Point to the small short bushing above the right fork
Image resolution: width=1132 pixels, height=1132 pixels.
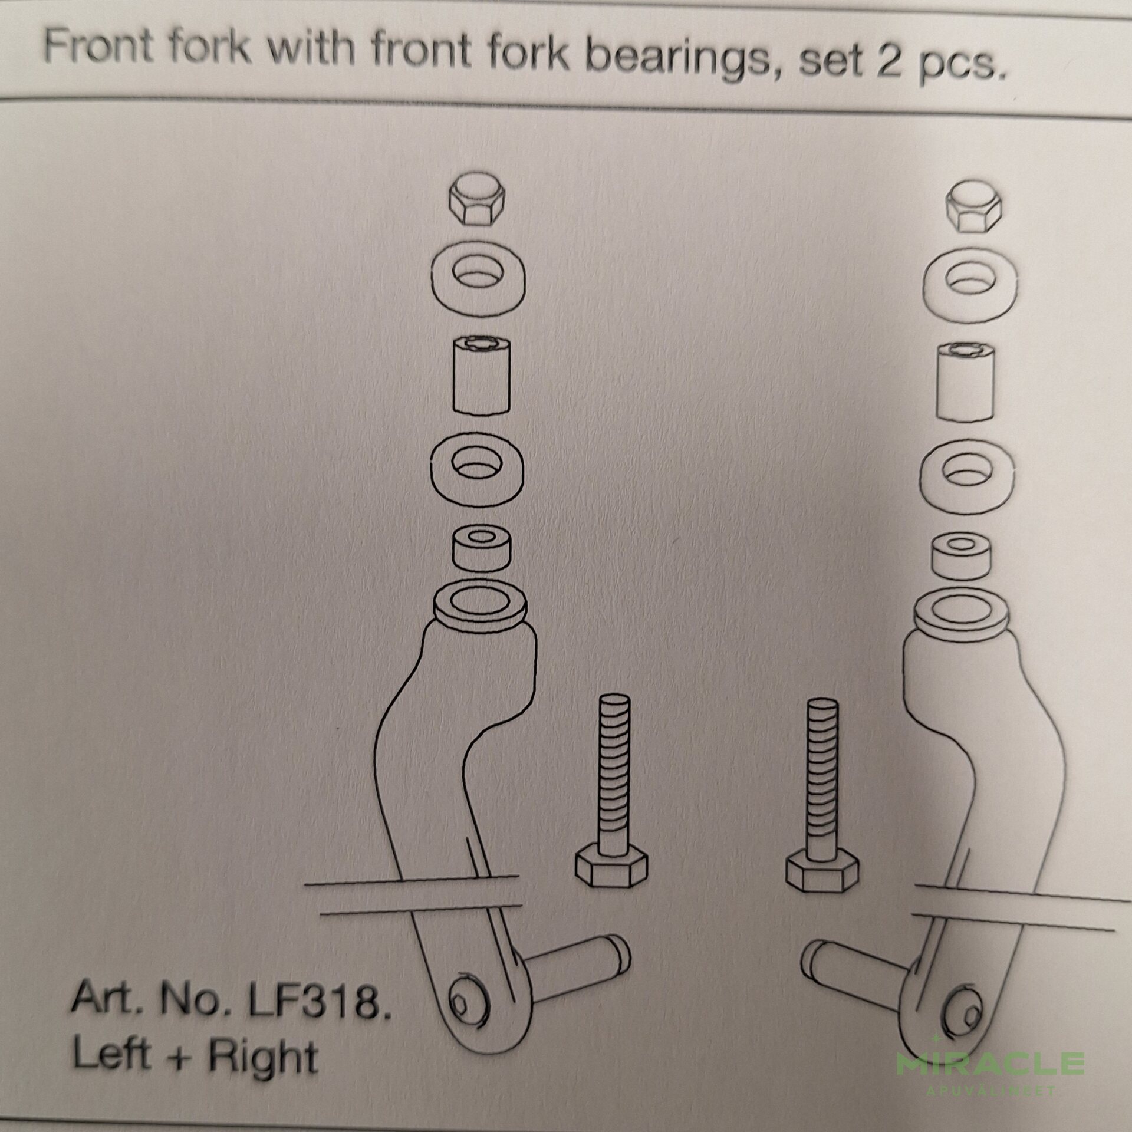pyautogui.click(x=962, y=557)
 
